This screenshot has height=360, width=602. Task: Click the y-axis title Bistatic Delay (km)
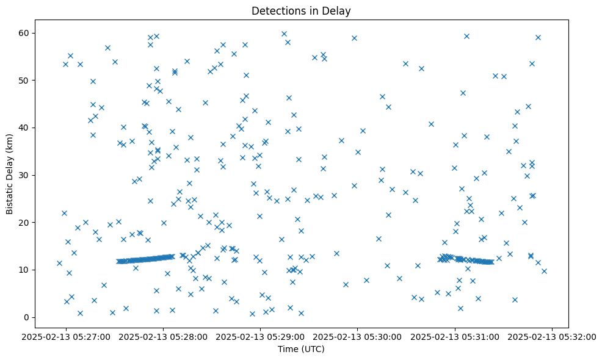tap(10, 175)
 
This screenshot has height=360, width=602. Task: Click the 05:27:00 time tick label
tap(67, 336)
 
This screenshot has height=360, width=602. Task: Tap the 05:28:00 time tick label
tap(164, 336)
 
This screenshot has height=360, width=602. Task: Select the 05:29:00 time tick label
tap(261, 336)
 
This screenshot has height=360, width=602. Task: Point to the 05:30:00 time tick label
tap(358, 336)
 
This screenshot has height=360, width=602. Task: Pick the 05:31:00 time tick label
tap(455, 336)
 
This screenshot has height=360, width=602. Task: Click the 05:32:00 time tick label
tap(553, 336)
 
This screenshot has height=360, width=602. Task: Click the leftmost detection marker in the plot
tap(59, 263)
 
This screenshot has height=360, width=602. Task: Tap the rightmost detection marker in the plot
tap(544, 271)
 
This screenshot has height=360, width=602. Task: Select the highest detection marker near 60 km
tap(284, 34)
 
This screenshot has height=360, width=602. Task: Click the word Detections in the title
tap(275, 11)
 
